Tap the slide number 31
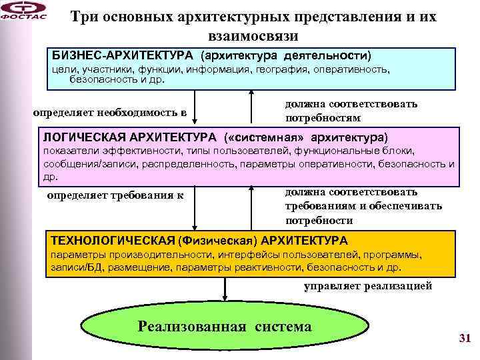coord(465,338)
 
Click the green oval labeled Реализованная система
coord(225,327)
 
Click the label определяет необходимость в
coord(110,112)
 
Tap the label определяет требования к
coord(115,195)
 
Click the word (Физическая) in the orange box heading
coord(219,240)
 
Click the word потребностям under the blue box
coord(323,117)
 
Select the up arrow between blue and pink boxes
coord(251,107)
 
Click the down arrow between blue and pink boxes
coord(195,107)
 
